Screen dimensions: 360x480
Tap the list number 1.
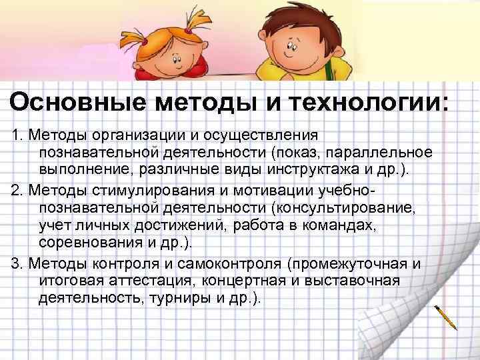pos(16,136)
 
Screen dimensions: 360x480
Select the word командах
pos(341,225)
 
